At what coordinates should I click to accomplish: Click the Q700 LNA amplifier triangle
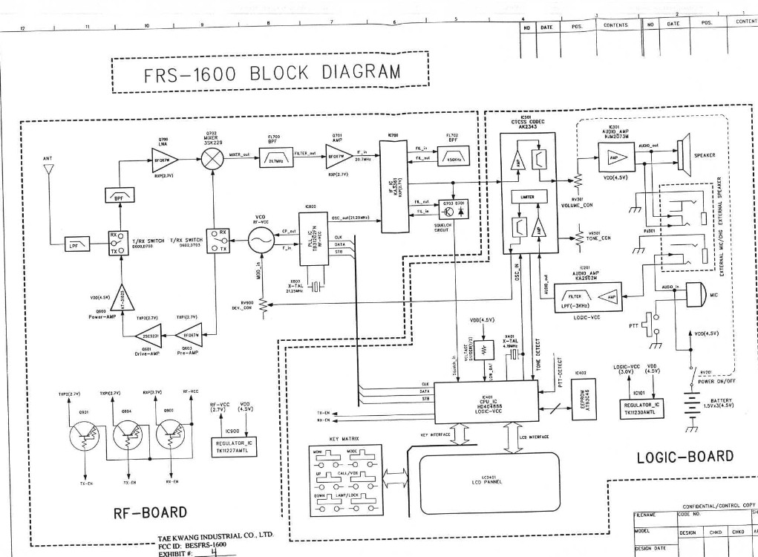(x=161, y=157)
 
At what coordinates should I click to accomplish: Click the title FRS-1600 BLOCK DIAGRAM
(x=270, y=74)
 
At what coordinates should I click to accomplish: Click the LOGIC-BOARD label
(x=685, y=456)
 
